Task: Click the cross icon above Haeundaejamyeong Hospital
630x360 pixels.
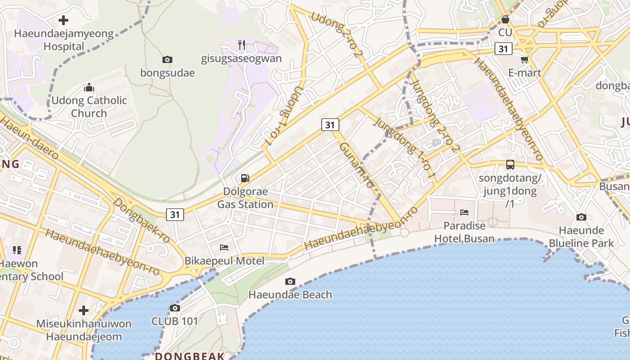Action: (63, 20)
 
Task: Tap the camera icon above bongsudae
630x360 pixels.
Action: (167, 59)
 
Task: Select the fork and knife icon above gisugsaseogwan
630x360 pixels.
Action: (242, 45)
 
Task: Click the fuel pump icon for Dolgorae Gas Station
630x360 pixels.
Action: (245, 178)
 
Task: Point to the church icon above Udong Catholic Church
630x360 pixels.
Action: (89, 87)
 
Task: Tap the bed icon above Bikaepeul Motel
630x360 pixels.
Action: (224, 247)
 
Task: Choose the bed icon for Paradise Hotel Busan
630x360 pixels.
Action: (464, 212)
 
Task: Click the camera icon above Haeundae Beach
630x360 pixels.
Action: (290, 282)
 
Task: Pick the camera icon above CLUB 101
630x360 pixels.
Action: (175, 308)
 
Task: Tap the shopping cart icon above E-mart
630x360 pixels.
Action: (524, 60)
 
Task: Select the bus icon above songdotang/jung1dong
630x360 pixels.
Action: (510, 165)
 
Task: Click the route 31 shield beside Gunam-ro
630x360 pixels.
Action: (330, 125)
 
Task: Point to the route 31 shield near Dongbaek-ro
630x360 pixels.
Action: (175, 215)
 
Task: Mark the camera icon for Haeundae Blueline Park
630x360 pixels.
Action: (581, 217)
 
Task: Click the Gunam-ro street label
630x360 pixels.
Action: (356, 166)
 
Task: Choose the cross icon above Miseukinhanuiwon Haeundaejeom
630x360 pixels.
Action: (84, 310)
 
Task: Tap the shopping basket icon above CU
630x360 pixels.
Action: (505, 20)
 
